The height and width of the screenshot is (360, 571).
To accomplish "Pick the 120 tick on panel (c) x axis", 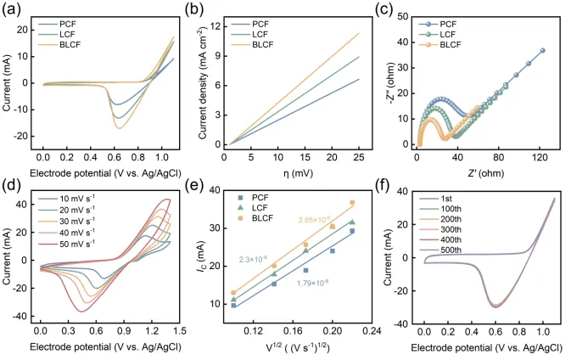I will pyautogui.click(x=539, y=156).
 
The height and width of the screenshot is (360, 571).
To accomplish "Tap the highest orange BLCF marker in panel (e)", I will pyautogui.click(x=352, y=203).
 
